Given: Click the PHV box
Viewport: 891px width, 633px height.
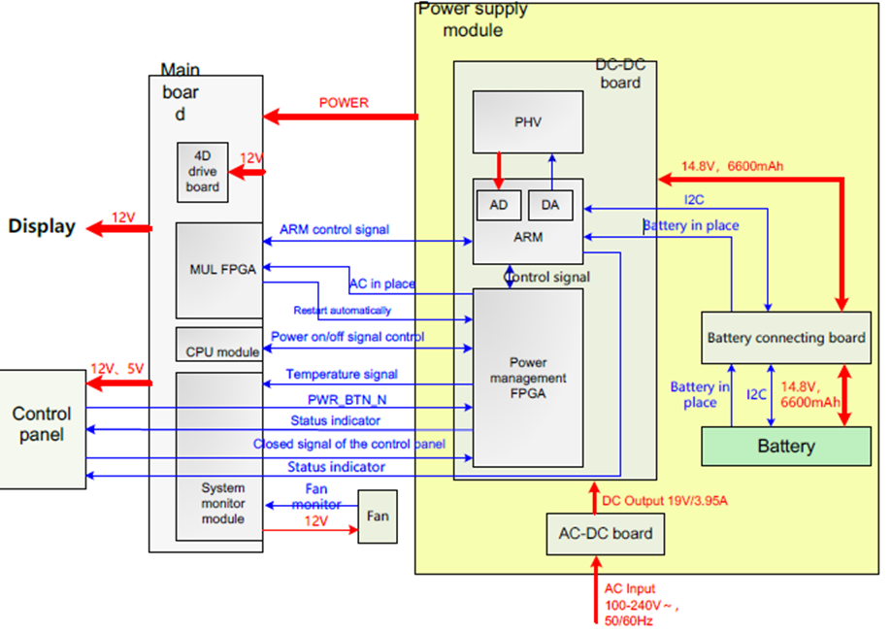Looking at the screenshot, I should click(x=528, y=121).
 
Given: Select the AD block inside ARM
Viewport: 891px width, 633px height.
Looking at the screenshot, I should click(x=498, y=204).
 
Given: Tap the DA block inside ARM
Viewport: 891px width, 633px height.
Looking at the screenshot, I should click(x=549, y=204).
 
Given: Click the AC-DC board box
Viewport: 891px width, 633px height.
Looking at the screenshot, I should click(x=605, y=533).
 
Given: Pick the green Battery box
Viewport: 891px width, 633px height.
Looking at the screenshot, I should click(x=786, y=446).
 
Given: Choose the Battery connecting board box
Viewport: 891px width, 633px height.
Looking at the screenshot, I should click(x=786, y=338).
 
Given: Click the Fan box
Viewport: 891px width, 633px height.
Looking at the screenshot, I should click(x=378, y=516).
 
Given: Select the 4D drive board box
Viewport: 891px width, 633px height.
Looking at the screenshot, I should click(x=202, y=173).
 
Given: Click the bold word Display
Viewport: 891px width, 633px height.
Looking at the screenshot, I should click(x=42, y=226).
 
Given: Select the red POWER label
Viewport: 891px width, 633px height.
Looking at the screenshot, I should click(x=344, y=103).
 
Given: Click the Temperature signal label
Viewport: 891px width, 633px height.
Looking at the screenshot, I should click(x=342, y=374).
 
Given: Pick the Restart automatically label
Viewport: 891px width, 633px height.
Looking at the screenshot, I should click(x=343, y=311).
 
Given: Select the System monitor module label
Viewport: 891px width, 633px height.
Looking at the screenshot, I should click(x=224, y=503).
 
